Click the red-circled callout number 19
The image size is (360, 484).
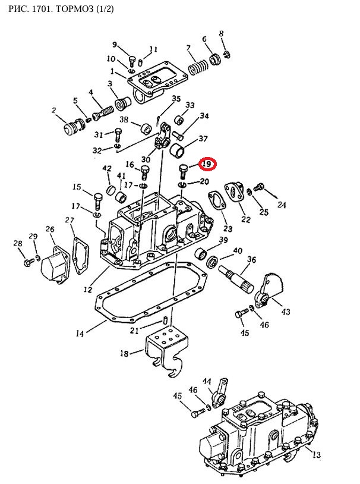pos(207,164)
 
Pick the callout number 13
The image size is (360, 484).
pos(317,454)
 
